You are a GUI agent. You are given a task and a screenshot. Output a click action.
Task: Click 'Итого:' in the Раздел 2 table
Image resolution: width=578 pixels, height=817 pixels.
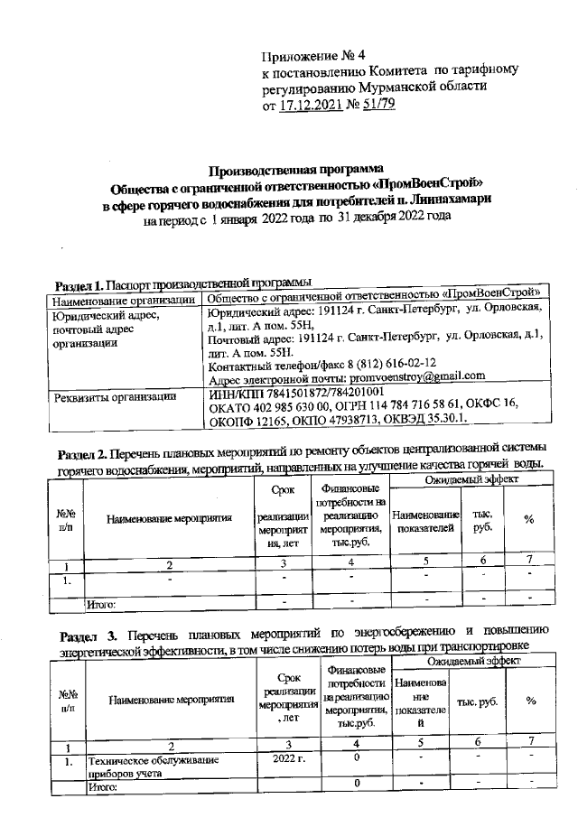[102, 602]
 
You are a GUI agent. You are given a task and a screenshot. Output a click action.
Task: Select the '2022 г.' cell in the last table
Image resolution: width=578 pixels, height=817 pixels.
[289, 760]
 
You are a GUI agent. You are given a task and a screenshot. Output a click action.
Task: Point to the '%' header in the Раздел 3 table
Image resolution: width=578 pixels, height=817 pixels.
[531, 701]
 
